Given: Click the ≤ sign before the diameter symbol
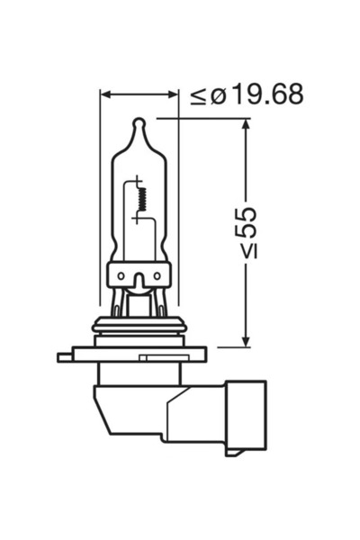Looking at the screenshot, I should pyautogui.click(x=199, y=94).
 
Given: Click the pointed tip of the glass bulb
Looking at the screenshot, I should pyautogui.click(x=138, y=121).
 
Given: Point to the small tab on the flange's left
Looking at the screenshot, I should pyautogui.click(x=64, y=357).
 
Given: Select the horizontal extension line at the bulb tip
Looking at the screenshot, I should pyautogui.click(x=202, y=118).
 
